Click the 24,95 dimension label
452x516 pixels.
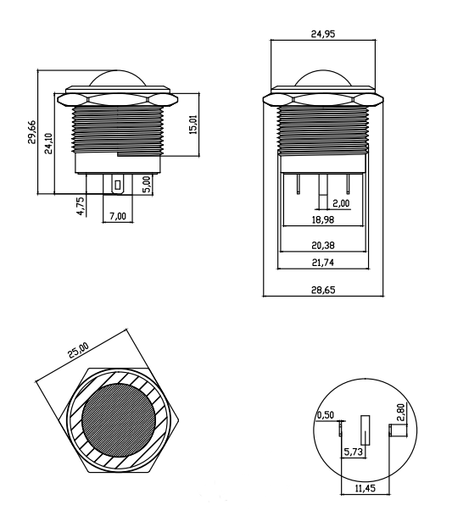[323, 34]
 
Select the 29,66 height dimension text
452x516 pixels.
[31, 132]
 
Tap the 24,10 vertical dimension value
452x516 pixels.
[48, 143]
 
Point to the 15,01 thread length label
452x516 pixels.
[193, 125]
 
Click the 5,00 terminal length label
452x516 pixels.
[147, 184]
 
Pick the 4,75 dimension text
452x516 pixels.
[81, 206]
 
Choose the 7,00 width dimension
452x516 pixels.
[118, 216]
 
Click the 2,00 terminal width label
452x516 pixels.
[341, 203]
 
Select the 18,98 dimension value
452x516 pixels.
[323, 219]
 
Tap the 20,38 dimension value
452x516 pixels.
[323, 245]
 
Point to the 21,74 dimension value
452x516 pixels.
[323, 263]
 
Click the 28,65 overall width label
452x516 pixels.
[323, 290]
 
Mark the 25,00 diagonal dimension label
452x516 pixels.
[78, 350]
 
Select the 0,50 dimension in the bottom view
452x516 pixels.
[325, 415]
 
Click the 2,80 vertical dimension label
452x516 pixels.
[400, 413]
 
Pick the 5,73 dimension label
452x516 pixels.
[353, 452]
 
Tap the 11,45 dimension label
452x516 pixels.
[365, 488]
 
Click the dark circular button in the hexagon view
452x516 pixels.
[118, 420]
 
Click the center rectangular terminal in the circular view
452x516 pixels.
[365, 430]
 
